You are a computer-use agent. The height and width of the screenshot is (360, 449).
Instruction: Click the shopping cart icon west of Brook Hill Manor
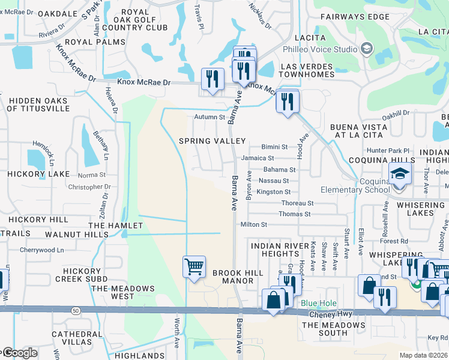click(194, 266)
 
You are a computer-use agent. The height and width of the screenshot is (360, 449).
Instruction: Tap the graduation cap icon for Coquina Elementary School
click(400, 175)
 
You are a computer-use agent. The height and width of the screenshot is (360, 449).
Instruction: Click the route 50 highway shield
click(74, 310)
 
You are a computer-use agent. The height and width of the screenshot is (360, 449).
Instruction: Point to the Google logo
click(19, 353)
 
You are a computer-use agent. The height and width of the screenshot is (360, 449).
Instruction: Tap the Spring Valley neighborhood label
click(212, 140)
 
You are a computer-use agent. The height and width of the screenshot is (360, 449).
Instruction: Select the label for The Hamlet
click(115, 226)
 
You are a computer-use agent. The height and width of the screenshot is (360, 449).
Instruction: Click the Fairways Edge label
click(355, 17)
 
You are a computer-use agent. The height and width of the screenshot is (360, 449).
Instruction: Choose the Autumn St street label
click(209, 118)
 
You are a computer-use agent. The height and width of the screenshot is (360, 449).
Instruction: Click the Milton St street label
click(253, 224)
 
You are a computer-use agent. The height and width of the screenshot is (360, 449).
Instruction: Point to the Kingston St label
click(273, 192)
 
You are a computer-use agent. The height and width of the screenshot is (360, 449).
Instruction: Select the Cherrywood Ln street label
click(41, 250)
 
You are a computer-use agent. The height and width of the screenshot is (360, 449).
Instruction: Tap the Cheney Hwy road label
click(329, 314)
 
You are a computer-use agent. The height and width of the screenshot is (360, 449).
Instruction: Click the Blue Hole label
click(319, 304)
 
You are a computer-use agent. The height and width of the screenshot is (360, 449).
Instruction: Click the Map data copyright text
click(423, 355)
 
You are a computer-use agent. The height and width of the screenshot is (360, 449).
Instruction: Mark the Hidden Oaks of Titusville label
click(46, 104)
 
